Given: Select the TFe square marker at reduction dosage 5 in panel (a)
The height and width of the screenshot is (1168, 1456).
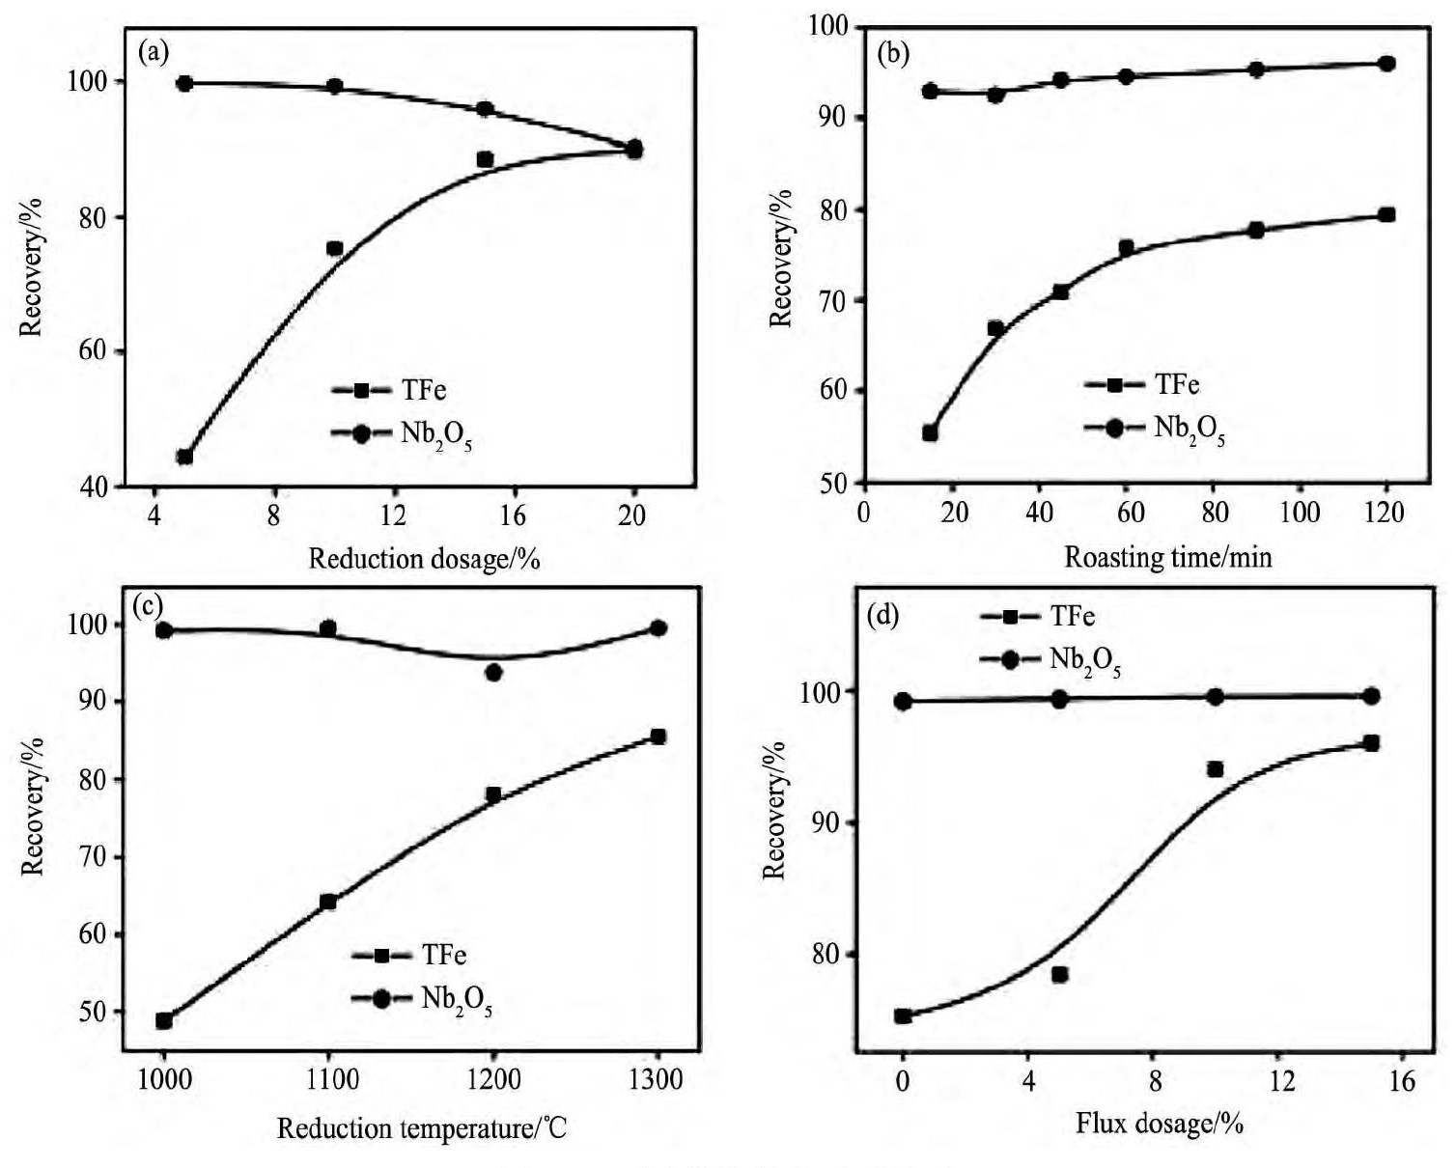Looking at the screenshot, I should coord(184,457).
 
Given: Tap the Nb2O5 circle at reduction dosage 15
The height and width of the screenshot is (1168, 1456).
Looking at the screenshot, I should coord(485,109).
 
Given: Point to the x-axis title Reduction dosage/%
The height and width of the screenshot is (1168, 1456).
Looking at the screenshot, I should coord(424,559).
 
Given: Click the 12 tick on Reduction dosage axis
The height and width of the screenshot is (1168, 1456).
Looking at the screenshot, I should coord(393,515).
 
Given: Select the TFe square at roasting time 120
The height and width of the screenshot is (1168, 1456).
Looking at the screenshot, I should coord(1386,214).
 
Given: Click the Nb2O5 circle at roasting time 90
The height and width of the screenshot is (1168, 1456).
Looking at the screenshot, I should coord(1256,70).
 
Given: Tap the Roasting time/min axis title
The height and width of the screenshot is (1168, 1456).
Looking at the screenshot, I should coord(1168,557).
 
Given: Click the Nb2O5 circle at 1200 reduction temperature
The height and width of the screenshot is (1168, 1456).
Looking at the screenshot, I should coord(493,672).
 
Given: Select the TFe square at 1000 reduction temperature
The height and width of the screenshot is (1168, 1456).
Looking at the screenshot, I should coord(164,1020).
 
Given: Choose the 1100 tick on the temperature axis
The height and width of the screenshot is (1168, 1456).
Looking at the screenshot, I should coord(329,1078).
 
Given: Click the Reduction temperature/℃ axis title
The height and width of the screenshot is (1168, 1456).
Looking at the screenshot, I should coord(422,1127).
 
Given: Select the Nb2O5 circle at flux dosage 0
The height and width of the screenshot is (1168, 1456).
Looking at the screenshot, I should coord(903,701).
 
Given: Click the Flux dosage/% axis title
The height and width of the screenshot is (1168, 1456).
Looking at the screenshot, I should coord(1159,1124).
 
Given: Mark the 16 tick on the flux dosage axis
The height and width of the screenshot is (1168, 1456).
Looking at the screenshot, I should coord(1402,1081).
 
